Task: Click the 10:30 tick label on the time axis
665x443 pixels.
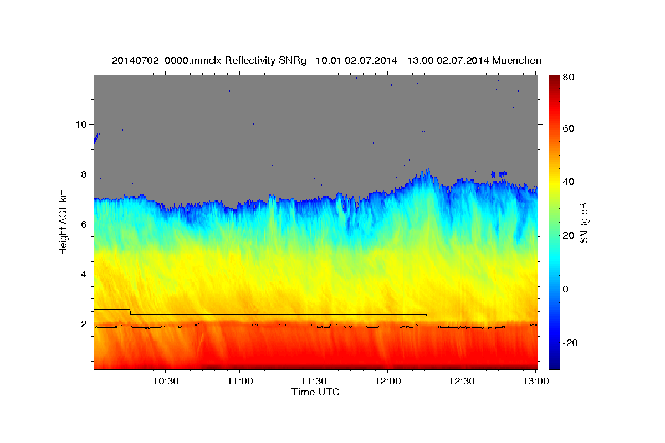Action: click(x=166, y=382)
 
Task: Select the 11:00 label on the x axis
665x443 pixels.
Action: click(x=239, y=382)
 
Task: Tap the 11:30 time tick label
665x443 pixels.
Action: click(x=314, y=382)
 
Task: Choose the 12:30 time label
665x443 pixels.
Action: click(x=462, y=382)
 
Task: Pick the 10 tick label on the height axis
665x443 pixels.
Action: click(x=81, y=124)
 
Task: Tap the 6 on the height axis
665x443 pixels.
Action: click(x=84, y=224)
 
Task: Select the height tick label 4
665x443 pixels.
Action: click(x=84, y=274)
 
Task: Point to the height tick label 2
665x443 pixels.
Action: click(x=84, y=324)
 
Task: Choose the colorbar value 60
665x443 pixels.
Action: click(x=568, y=128)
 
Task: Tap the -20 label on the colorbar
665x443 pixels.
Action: click(x=570, y=343)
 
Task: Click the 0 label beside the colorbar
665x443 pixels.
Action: click(x=566, y=289)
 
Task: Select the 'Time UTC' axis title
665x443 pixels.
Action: click(x=315, y=393)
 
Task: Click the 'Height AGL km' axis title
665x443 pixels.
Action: click(x=63, y=221)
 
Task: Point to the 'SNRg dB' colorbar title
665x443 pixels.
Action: click(x=583, y=223)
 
